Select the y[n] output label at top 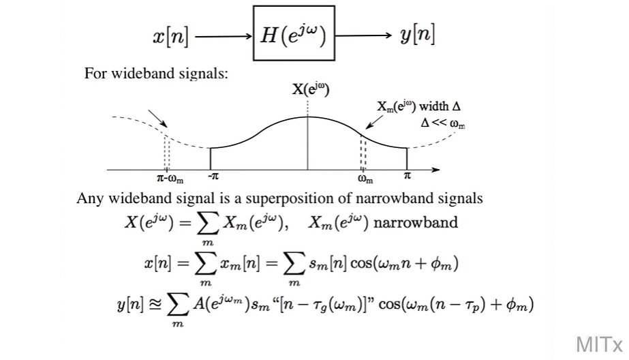pos(418,35)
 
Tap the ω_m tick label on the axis pos(365,179)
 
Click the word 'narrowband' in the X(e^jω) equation pos(424,223)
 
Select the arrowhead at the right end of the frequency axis pos(436,169)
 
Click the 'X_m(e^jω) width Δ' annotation pos(418,106)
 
